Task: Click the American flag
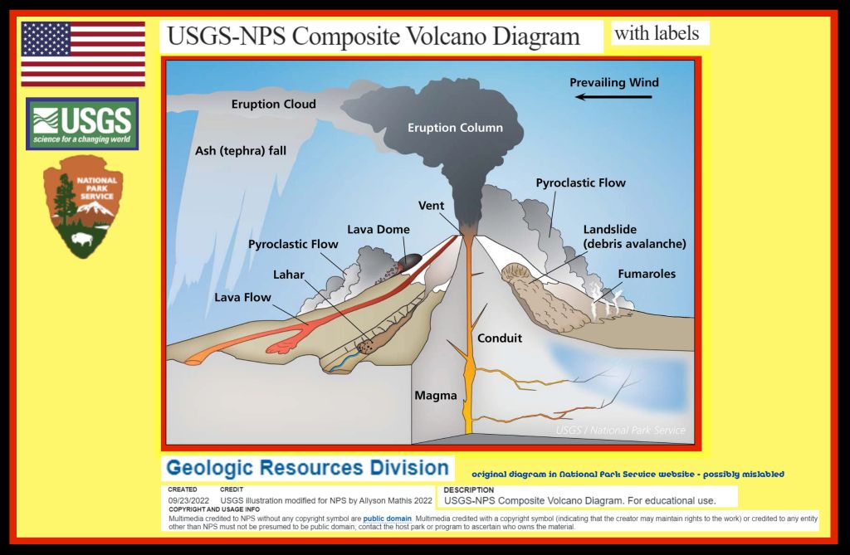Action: [x=83, y=54]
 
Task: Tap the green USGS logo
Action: [x=82, y=124]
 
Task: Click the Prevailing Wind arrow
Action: [x=614, y=97]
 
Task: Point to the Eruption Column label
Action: [x=455, y=128]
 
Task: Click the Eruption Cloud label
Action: [x=273, y=105]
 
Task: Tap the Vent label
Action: [x=432, y=206]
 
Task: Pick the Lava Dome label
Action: [x=379, y=229]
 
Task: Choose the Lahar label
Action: [x=289, y=275]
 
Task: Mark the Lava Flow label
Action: [x=243, y=296]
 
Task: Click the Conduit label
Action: [x=500, y=338]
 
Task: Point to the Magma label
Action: [x=436, y=396]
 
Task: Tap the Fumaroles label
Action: [x=647, y=274]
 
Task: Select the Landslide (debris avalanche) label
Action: [x=634, y=236]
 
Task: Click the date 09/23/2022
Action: [x=188, y=500]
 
